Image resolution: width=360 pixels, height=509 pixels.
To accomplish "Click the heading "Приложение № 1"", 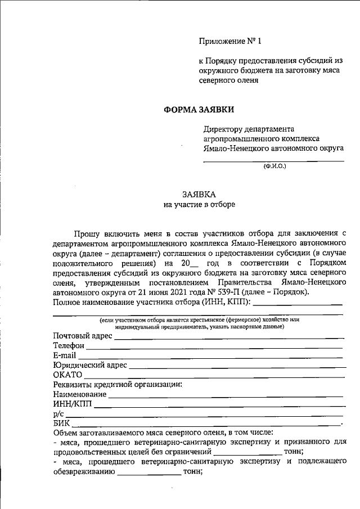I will coord(231,42).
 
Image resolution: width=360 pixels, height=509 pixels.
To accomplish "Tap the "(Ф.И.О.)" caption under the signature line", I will coord(274,166).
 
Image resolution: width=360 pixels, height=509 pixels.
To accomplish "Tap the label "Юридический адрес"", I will coord(90,365).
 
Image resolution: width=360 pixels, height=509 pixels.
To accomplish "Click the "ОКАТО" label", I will coord(67,375).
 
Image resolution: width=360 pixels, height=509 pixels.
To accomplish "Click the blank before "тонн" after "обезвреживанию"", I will coord(148,472).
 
